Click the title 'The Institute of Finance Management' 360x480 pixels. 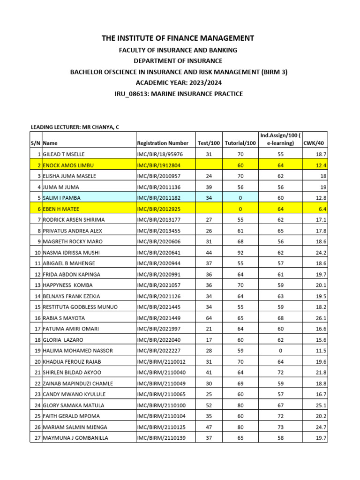tap(178, 38)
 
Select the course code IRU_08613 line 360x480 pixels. tap(179, 94)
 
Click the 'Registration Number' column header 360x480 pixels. tap(162, 143)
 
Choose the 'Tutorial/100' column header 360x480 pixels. tap(240, 143)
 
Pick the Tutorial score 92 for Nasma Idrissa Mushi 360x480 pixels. tap(240, 252)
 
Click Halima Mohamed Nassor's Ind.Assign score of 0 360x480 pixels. tap(280, 351)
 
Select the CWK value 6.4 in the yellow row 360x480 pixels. tap(322, 209)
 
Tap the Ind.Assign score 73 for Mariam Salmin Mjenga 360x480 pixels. tap(280, 427)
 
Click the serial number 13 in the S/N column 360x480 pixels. tap(37, 285)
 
